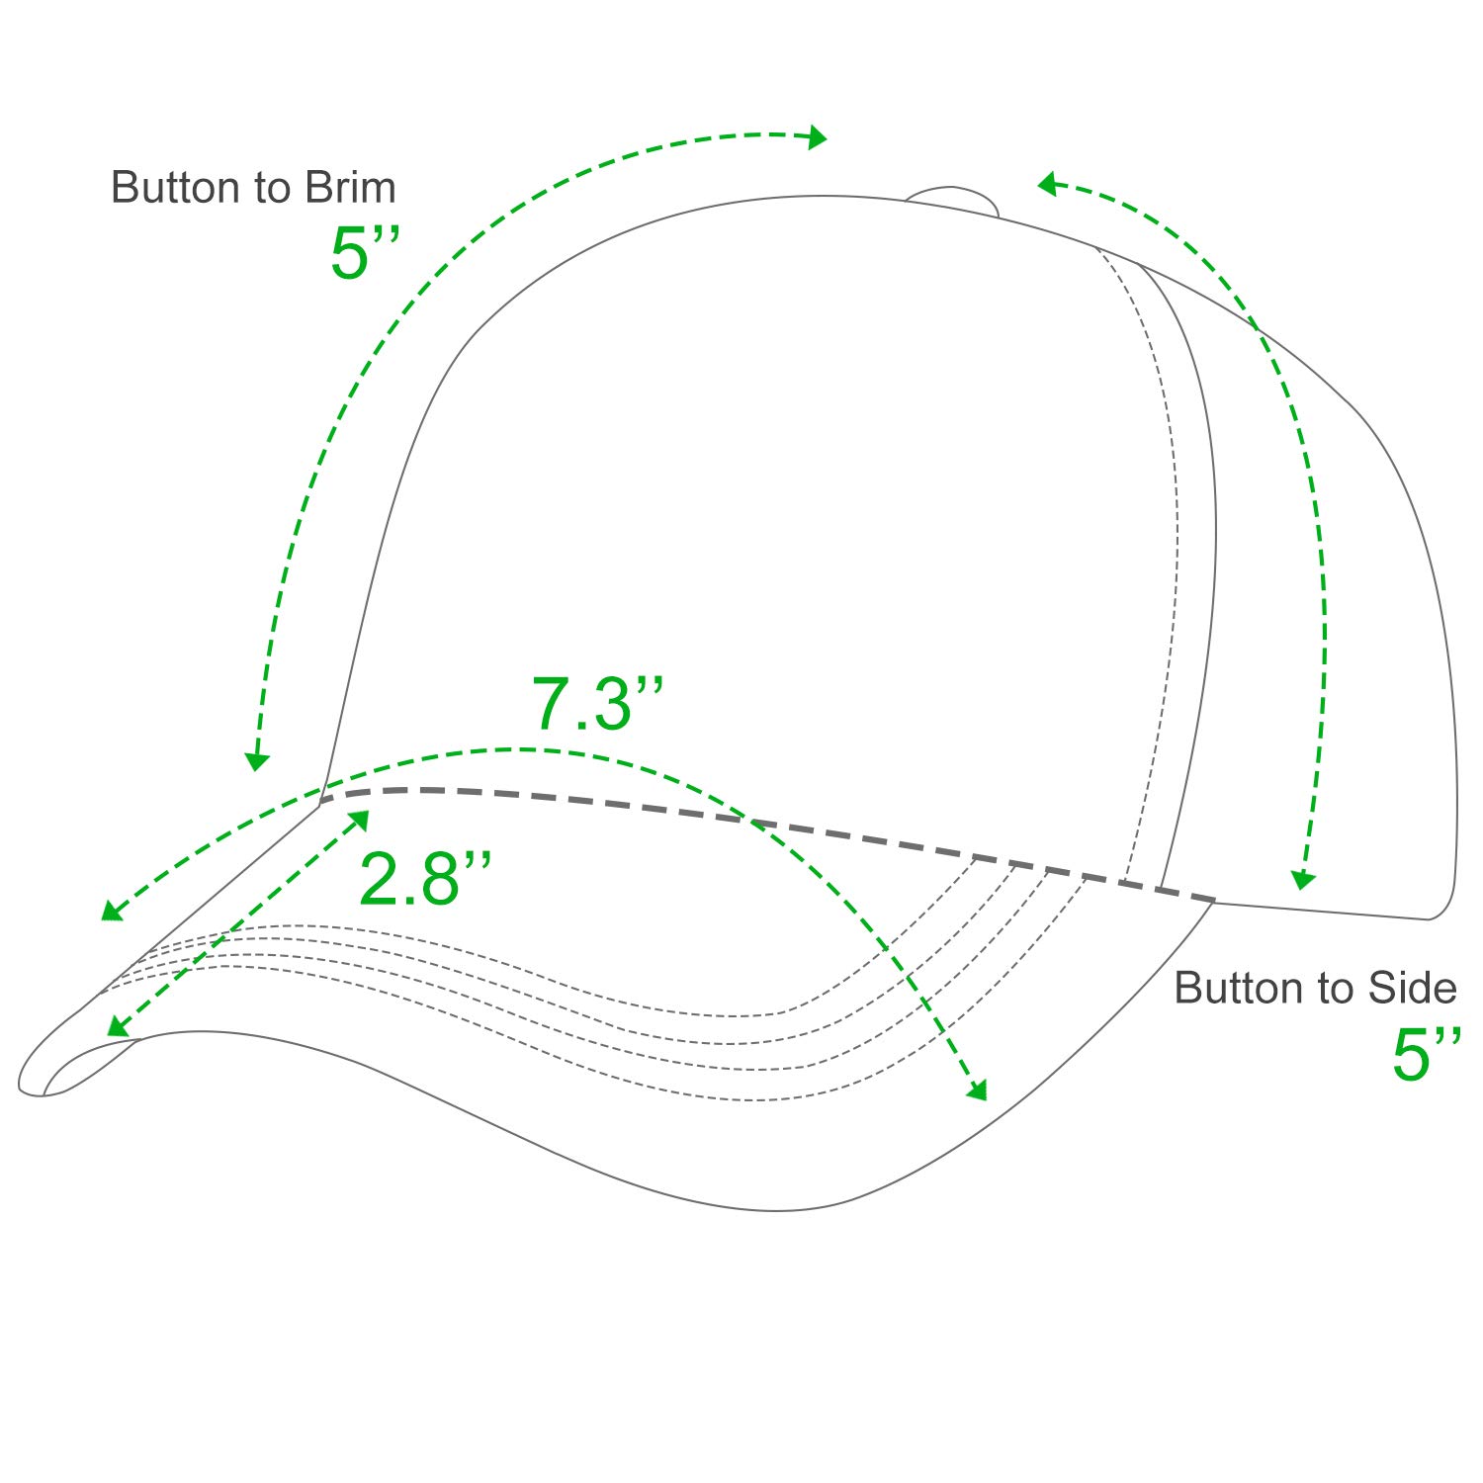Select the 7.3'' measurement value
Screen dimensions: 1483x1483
(x=597, y=703)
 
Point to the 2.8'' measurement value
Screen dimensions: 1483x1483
(x=424, y=878)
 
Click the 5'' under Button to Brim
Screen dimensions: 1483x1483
(x=365, y=252)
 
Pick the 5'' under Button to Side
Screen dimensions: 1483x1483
(x=1426, y=1054)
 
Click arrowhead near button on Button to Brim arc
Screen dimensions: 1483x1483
(x=818, y=136)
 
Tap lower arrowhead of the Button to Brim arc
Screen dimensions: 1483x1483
(x=257, y=760)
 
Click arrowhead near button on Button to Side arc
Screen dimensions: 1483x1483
(x=1048, y=183)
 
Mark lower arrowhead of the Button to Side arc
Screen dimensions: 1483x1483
(x=1303, y=878)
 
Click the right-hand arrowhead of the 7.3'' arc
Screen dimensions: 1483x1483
(x=978, y=1090)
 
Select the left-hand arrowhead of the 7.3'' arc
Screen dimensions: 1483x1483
(x=112, y=911)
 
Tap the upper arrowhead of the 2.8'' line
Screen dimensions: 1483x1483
(x=360, y=820)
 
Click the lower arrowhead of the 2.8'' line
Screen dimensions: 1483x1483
(x=118, y=1027)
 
